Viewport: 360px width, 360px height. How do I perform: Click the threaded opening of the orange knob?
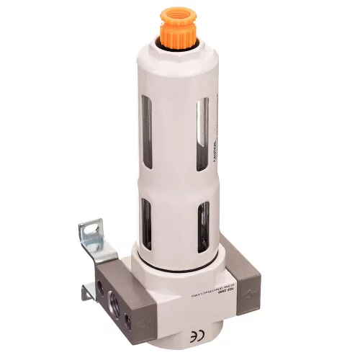pyautogui.click(x=176, y=13)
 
